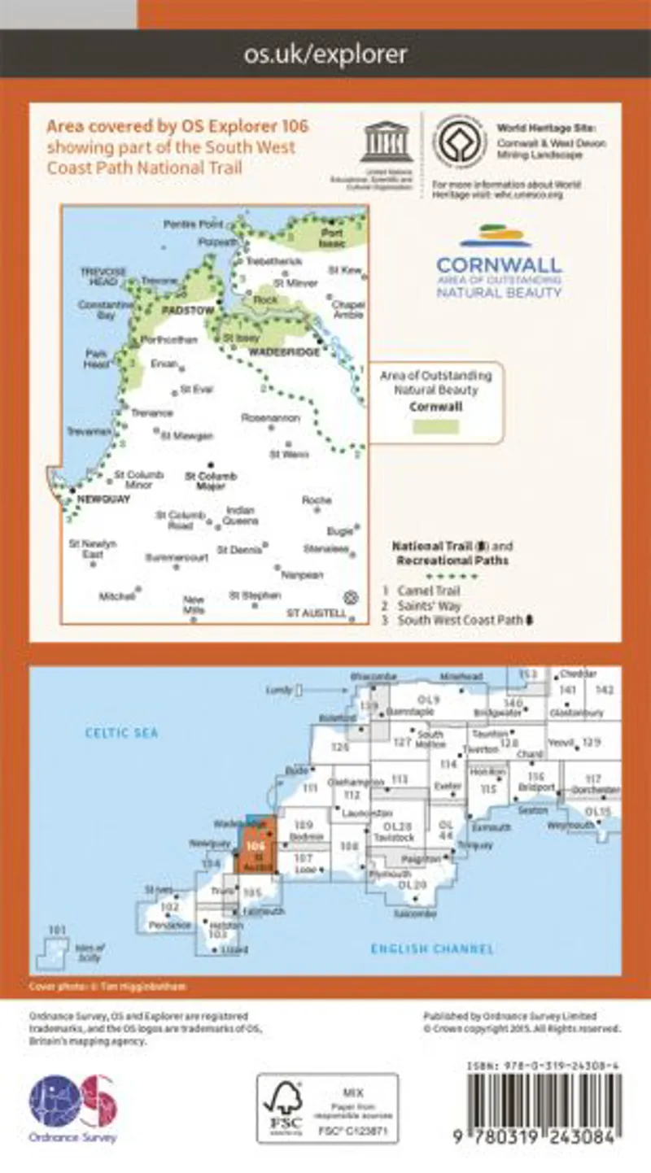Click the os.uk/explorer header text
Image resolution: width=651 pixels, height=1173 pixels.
point(325,55)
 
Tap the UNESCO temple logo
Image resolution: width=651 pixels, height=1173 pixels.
point(387,143)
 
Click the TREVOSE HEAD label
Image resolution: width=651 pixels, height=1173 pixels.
point(101,275)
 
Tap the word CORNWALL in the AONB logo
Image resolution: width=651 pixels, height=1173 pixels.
point(499,265)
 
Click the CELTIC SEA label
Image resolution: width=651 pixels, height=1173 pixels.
point(122,733)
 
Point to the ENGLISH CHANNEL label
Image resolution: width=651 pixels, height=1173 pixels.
point(432,948)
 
